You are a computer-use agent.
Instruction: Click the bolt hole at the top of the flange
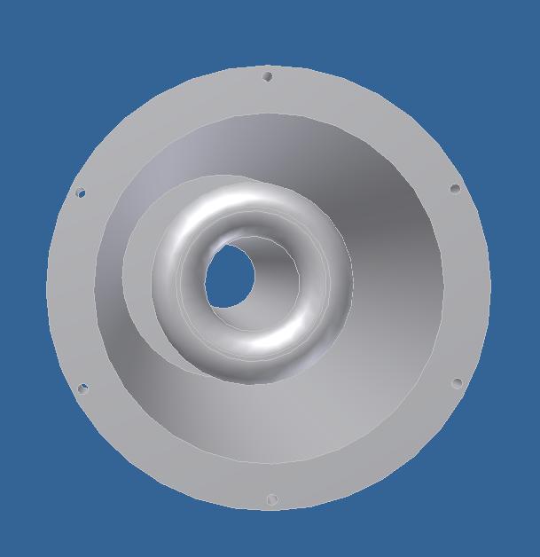pos(268,76)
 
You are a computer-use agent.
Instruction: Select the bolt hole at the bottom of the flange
pos(271,500)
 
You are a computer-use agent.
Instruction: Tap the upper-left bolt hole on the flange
pos(81,192)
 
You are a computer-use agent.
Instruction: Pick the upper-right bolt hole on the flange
pos(455,188)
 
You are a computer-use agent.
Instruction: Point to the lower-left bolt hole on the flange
pos(83,388)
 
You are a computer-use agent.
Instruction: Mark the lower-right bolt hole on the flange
pos(458,383)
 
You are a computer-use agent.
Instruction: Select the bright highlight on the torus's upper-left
pos(197,222)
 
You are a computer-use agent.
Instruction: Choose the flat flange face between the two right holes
pos(466,286)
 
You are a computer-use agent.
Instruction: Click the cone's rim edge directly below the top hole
pos(268,114)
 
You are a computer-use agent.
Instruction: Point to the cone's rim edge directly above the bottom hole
pos(270,463)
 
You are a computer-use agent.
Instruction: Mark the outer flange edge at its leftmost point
pos(47,288)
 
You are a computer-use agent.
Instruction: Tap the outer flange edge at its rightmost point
pos(490,286)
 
